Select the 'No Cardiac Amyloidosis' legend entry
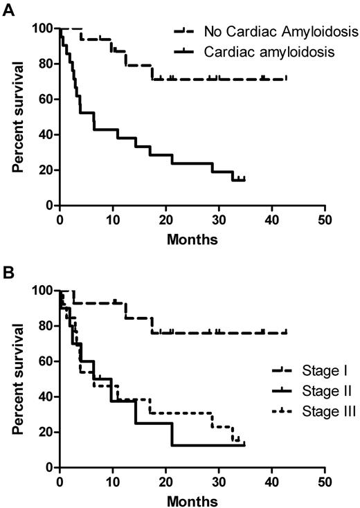pyautogui.click(x=281, y=30)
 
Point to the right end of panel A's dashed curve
pyautogui.click(x=286, y=79)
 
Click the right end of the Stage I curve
pyautogui.click(x=286, y=333)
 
